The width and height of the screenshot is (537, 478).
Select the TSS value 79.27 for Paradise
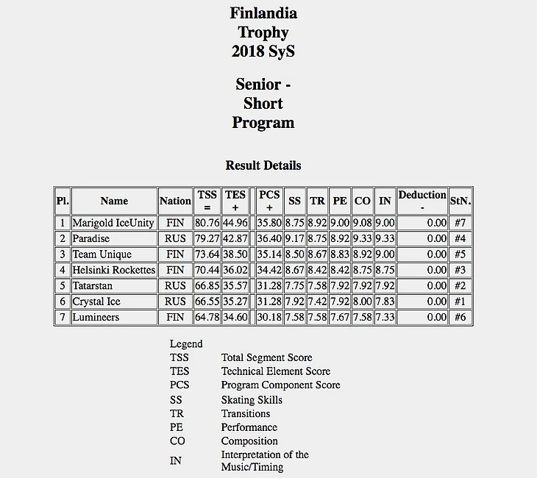[x=207, y=239]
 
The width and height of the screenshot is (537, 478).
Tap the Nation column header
[x=175, y=201]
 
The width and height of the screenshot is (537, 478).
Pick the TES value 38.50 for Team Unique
[x=235, y=254]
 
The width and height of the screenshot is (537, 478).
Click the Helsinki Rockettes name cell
[x=114, y=271]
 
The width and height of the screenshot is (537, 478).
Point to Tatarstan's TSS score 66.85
[x=207, y=286]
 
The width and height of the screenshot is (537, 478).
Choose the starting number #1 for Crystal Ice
[x=460, y=302]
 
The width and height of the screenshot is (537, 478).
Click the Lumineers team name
[x=96, y=318]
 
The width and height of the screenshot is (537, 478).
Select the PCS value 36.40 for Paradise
[x=269, y=239]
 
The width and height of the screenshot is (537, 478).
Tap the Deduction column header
[x=422, y=200]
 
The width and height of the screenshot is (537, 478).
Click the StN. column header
[x=460, y=201]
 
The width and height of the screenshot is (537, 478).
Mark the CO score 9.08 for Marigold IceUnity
[x=362, y=223]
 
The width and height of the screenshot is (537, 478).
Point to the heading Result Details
[x=263, y=165]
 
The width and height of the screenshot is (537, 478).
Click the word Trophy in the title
[x=263, y=32]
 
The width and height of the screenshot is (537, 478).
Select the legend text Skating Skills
[x=252, y=400]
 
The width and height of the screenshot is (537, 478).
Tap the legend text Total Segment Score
[x=266, y=358]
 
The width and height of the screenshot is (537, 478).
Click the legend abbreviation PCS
[x=179, y=385]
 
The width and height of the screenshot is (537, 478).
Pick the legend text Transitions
[x=246, y=414]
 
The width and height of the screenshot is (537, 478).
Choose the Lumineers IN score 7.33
[x=384, y=318]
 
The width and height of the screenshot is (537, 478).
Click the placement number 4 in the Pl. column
[x=63, y=271]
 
